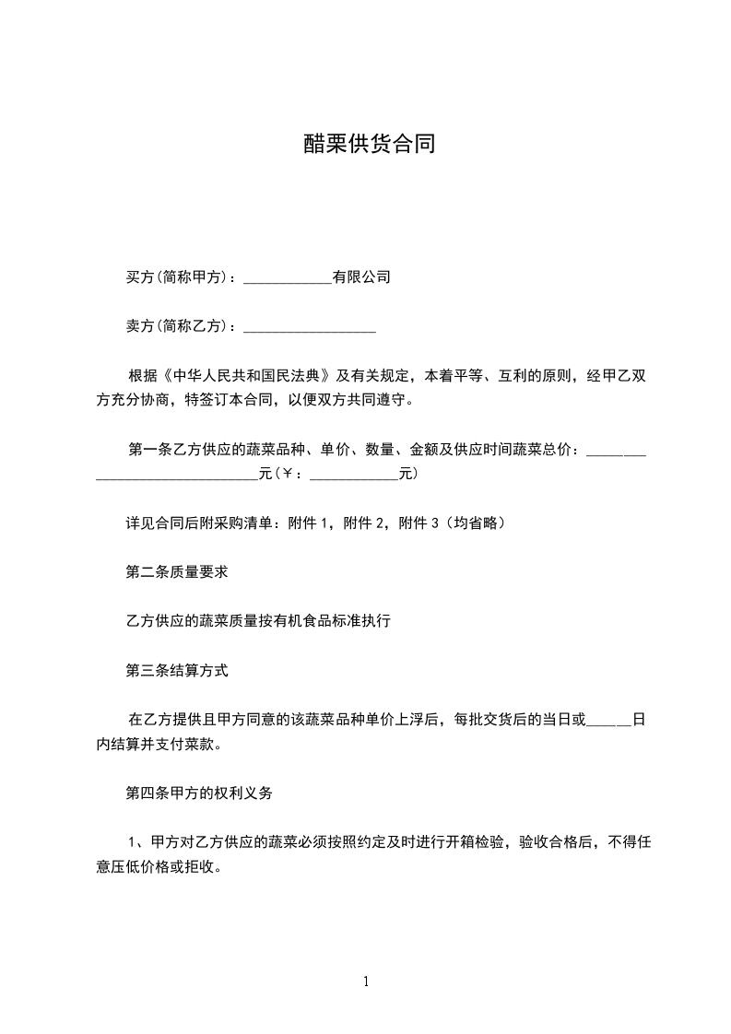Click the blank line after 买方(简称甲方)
287,276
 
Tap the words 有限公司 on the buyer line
361,276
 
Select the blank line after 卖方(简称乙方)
309,326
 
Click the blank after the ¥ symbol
354,476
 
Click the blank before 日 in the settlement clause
609,721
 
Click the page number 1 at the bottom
366,982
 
